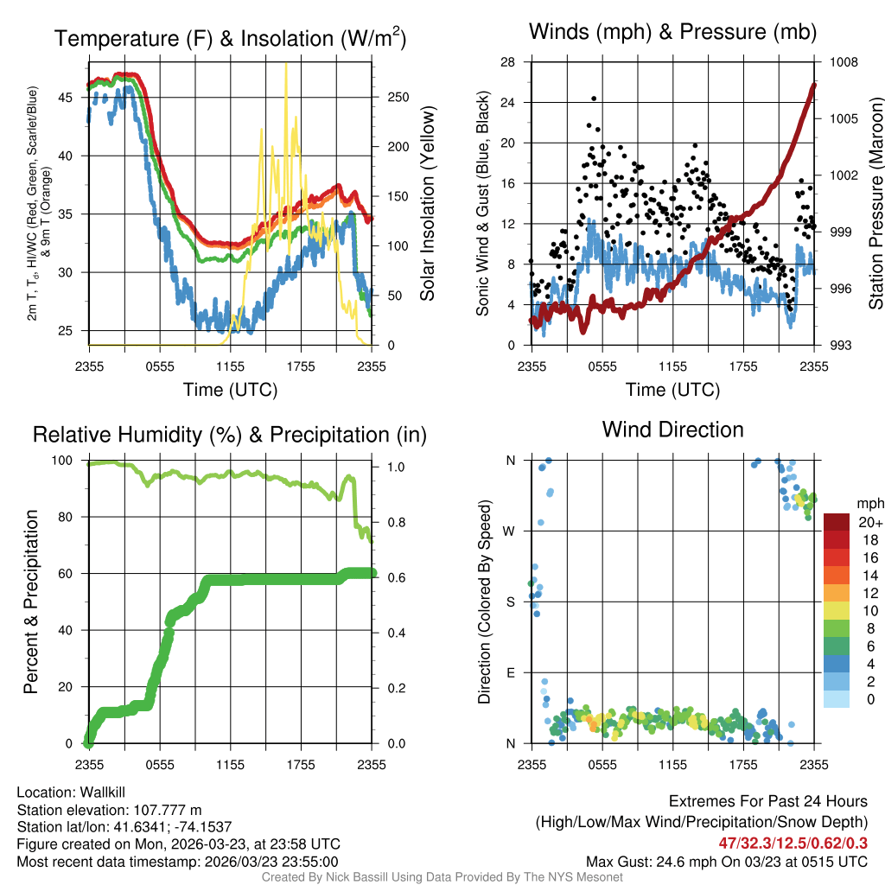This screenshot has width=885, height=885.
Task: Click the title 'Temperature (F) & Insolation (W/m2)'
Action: (x=230, y=38)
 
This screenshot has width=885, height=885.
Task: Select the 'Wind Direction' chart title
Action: (x=672, y=430)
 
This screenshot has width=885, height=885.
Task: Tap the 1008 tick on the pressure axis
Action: (x=842, y=62)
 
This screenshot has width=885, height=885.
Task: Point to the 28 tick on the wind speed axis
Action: (x=508, y=62)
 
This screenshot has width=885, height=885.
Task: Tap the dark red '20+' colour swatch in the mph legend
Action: (x=837, y=523)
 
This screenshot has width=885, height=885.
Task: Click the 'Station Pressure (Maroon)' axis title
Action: (x=875, y=203)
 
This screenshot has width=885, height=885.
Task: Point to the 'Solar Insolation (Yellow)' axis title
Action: (x=427, y=203)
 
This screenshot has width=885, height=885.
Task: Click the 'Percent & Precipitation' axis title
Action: (x=30, y=602)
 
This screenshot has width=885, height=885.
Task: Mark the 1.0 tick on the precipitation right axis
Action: (x=395, y=467)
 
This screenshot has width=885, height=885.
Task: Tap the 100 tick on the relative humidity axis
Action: (x=67, y=460)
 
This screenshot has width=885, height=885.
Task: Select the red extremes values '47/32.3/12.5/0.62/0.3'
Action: (x=793, y=843)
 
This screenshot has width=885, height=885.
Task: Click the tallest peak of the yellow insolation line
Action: (x=286, y=64)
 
